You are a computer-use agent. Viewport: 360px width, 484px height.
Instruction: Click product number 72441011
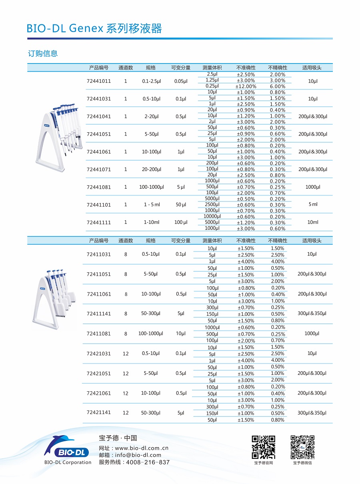[x=99, y=81]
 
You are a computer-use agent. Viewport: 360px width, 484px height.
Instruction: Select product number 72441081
[x=99, y=187]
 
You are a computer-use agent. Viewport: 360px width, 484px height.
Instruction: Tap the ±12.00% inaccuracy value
[x=246, y=86]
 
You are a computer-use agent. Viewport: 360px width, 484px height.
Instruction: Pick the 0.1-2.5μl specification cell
[x=151, y=81]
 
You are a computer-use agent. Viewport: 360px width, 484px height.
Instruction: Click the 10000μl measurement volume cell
[x=212, y=216]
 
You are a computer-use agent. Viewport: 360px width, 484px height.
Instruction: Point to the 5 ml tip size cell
[x=313, y=205]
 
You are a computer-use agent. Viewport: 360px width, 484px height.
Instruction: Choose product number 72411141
[x=99, y=314]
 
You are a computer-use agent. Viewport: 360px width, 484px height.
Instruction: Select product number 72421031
[x=99, y=353]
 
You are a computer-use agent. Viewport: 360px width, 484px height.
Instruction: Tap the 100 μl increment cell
[x=181, y=222]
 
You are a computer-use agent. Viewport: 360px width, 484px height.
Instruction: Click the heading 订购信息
[x=43, y=54]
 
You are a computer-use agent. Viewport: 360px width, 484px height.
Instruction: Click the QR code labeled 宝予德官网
[x=263, y=447]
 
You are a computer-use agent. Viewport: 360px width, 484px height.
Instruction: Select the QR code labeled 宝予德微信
[x=302, y=447]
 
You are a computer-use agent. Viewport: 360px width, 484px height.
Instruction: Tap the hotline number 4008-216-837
[x=148, y=462]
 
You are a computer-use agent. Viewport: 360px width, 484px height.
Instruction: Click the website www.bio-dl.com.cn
[x=142, y=448]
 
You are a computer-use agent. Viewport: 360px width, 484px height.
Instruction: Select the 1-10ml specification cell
[x=152, y=222]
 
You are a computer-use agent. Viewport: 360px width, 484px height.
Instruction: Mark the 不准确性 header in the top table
[x=246, y=68]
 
